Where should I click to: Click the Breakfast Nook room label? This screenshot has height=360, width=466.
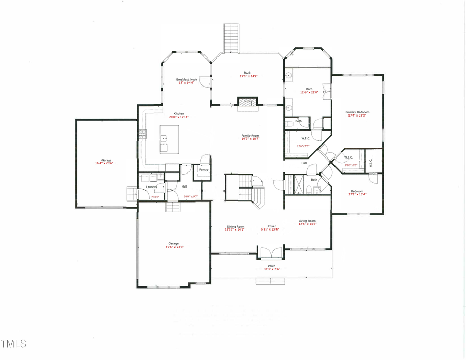point(186,79)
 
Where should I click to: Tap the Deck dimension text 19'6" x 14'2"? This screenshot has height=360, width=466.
point(249,76)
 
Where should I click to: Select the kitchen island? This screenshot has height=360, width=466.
point(169,139)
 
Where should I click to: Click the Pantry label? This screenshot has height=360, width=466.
point(203,169)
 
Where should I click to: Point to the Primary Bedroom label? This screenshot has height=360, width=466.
point(357,112)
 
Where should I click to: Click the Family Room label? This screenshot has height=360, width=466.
point(250,136)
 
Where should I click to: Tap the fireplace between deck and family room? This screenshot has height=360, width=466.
point(247,102)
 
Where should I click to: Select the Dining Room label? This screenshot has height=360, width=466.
point(235,226)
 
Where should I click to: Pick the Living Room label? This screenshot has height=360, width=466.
point(307,221)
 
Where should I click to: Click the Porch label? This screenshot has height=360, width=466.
point(272,266)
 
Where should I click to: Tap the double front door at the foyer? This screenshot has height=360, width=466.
point(271,253)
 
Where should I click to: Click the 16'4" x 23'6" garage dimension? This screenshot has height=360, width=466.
point(104,164)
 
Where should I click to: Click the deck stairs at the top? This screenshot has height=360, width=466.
point(230,37)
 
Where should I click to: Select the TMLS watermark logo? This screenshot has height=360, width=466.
point(13,343)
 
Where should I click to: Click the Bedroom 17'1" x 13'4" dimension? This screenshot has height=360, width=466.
point(357,195)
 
